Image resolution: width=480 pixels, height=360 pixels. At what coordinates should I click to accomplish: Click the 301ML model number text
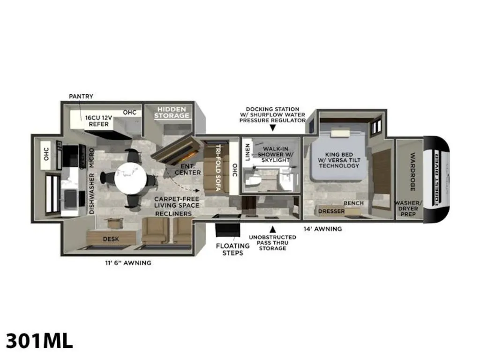coord(39,340)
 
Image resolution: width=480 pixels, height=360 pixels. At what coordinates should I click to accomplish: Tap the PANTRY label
coord(81,96)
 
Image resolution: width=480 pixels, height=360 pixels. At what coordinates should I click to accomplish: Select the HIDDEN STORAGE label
coord(172,112)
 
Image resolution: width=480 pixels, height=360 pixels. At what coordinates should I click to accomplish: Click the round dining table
coord(130,178)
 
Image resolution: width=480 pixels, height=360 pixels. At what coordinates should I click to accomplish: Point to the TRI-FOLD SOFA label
coord(218,167)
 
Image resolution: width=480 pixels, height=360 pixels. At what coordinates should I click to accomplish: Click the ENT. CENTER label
coord(187,169)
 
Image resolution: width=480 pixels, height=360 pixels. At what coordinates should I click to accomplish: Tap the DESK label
coord(111,239)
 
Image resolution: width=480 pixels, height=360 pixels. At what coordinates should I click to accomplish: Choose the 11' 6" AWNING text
coord(128,262)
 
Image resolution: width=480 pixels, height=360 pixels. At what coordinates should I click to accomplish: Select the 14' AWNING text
coord(322,229)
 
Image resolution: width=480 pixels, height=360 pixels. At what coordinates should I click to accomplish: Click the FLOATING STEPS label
coord(232,249)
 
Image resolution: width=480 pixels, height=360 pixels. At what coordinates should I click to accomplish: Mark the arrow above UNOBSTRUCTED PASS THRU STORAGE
coord(272,229)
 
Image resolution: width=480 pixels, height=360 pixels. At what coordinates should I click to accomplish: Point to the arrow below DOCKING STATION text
coord(272,128)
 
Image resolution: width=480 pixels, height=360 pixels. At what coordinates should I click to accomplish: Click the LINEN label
coord(247,152)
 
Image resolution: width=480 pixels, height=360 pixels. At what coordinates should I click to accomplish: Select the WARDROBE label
coord(412,172)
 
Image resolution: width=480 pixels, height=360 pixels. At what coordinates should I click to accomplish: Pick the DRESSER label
coord(331,211)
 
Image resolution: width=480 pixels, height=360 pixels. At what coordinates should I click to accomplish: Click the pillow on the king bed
coord(340,134)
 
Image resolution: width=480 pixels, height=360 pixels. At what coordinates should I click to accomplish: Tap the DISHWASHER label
coord(91,194)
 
